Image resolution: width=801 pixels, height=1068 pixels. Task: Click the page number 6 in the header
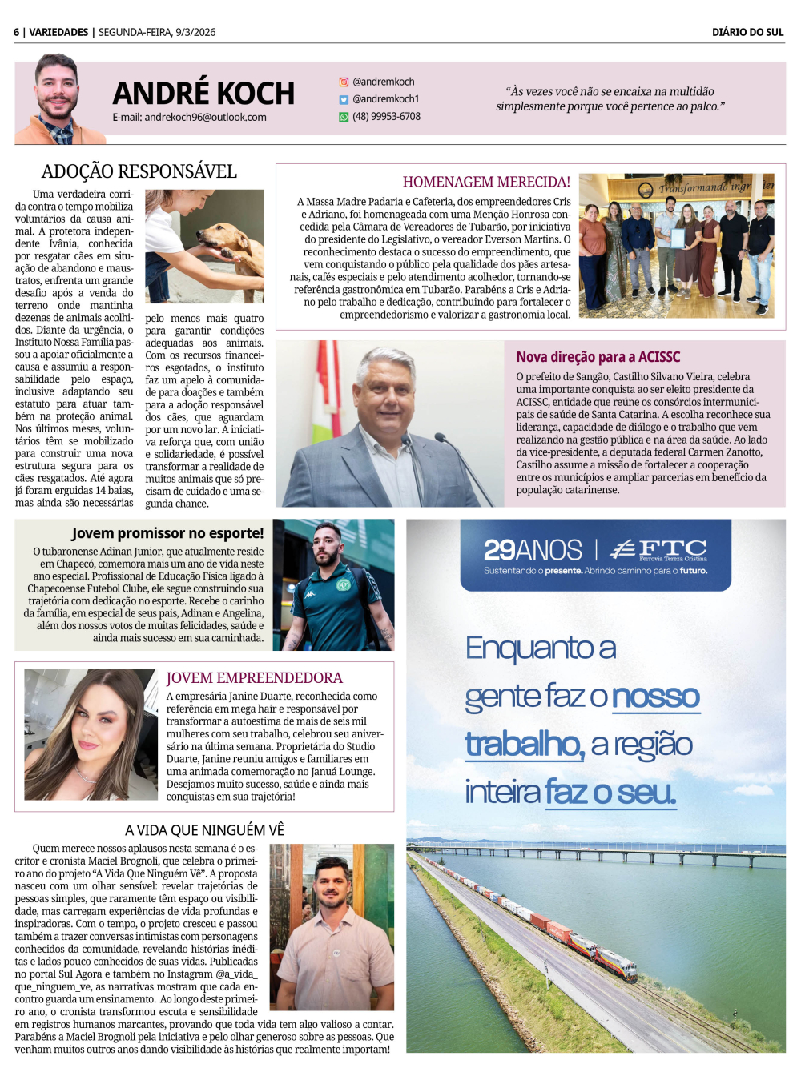[16, 32]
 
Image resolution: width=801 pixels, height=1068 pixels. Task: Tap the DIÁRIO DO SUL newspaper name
[747, 32]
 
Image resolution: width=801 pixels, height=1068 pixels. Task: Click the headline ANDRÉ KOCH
[203, 94]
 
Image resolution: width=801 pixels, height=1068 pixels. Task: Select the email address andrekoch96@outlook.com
[189, 117]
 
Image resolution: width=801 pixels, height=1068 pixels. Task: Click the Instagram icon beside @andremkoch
[344, 82]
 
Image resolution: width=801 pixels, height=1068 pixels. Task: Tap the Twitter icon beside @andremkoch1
[344, 99]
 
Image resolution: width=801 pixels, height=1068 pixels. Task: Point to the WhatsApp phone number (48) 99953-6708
[386, 116]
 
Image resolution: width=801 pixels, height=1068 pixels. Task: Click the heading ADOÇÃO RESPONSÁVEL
[139, 171]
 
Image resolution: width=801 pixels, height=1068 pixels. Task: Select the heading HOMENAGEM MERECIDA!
[486, 182]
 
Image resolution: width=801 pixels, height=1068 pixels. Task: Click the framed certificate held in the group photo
[678, 239]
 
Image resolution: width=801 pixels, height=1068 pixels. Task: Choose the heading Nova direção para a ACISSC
[598, 357]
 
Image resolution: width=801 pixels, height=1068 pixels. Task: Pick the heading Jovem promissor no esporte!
[167, 533]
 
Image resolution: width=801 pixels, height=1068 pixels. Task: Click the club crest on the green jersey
[344, 584]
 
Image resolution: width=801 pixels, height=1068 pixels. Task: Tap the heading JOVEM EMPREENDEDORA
[254, 678]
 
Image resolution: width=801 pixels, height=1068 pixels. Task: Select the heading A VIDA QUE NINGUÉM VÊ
[204, 830]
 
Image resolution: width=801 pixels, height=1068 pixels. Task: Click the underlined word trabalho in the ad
[524, 745]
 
